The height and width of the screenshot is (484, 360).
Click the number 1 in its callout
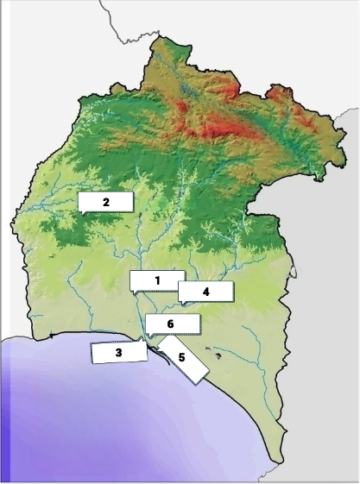point(158,280)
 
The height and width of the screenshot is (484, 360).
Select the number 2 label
point(105,202)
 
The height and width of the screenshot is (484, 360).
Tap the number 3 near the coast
point(118,352)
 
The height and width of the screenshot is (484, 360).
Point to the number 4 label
point(206,292)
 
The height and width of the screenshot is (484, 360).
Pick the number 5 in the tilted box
point(182,356)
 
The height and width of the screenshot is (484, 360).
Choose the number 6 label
point(171,324)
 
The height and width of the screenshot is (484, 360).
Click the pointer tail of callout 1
point(136,294)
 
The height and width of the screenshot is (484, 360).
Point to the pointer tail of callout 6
point(148,336)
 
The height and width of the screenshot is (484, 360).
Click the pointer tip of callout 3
point(148,347)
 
